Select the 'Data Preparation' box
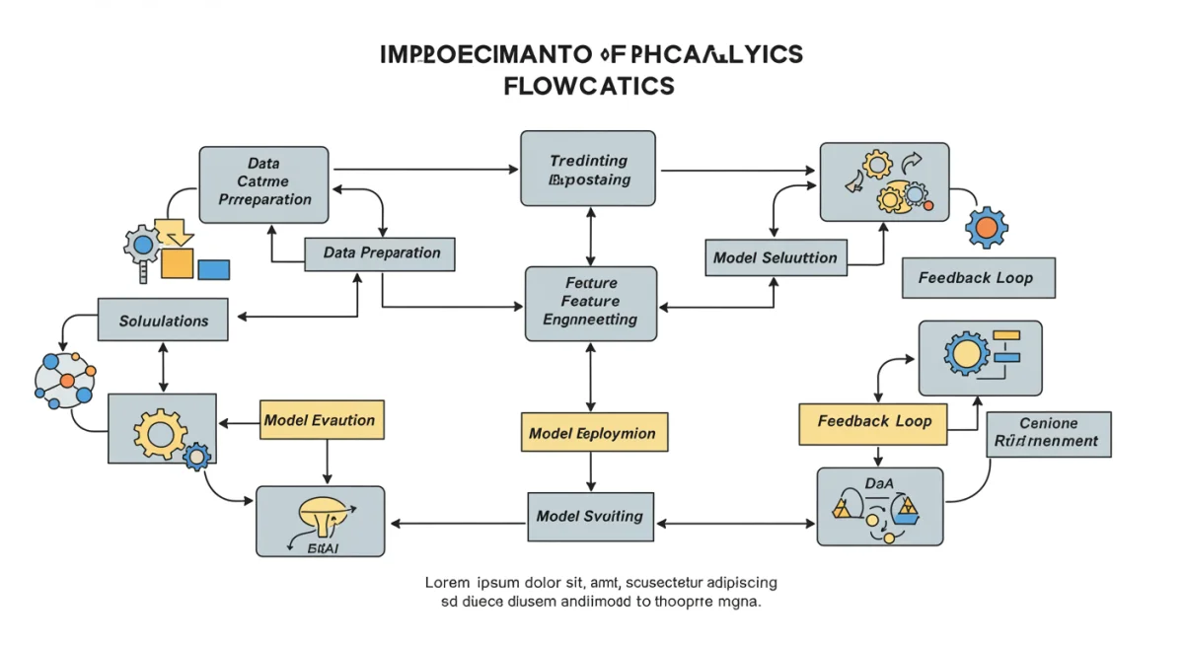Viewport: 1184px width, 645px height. tap(380, 253)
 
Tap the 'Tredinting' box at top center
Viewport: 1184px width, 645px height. tap(588, 169)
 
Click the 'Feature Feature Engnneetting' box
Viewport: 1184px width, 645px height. tap(590, 303)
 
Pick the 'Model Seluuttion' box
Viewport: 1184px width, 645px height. tap(776, 258)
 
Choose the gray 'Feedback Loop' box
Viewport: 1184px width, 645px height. tap(978, 278)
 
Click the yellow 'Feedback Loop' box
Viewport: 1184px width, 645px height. tap(872, 422)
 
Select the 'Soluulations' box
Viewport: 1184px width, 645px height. tap(163, 321)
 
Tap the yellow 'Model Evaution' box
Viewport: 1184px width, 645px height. tap(321, 420)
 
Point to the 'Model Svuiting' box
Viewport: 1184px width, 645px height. tap(590, 517)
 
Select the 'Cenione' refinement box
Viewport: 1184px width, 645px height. tap(1048, 433)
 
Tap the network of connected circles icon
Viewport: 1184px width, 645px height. tap(65, 380)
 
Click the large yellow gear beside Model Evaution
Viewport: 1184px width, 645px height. tap(159, 430)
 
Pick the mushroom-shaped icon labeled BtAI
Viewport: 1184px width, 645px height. tap(324, 514)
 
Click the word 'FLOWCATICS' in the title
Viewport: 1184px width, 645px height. tap(589, 86)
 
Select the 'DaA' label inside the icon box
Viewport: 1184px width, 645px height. tap(878, 484)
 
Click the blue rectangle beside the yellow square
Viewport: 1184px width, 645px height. tap(213, 269)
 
